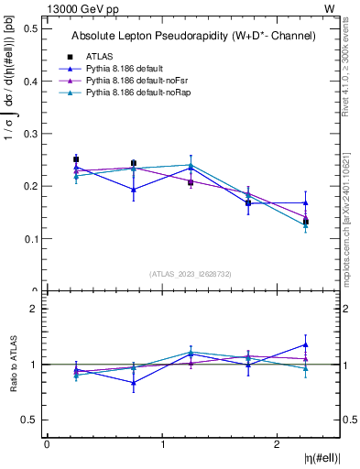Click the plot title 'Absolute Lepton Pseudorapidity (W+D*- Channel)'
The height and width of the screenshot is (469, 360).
(x=193, y=36)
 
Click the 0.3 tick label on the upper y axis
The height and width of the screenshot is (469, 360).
(x=30, y=134)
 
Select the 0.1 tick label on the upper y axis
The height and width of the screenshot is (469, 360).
(x=30, y=239)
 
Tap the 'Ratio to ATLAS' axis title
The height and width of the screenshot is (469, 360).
(x=12, y=365)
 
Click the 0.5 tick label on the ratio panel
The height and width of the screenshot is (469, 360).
(x=30, y=420)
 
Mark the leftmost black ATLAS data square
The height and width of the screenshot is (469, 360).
(x=76, y=159)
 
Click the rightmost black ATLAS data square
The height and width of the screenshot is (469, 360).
(x=306, y=222)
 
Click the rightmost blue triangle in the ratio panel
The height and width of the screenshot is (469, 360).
(x=306, y=344)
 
